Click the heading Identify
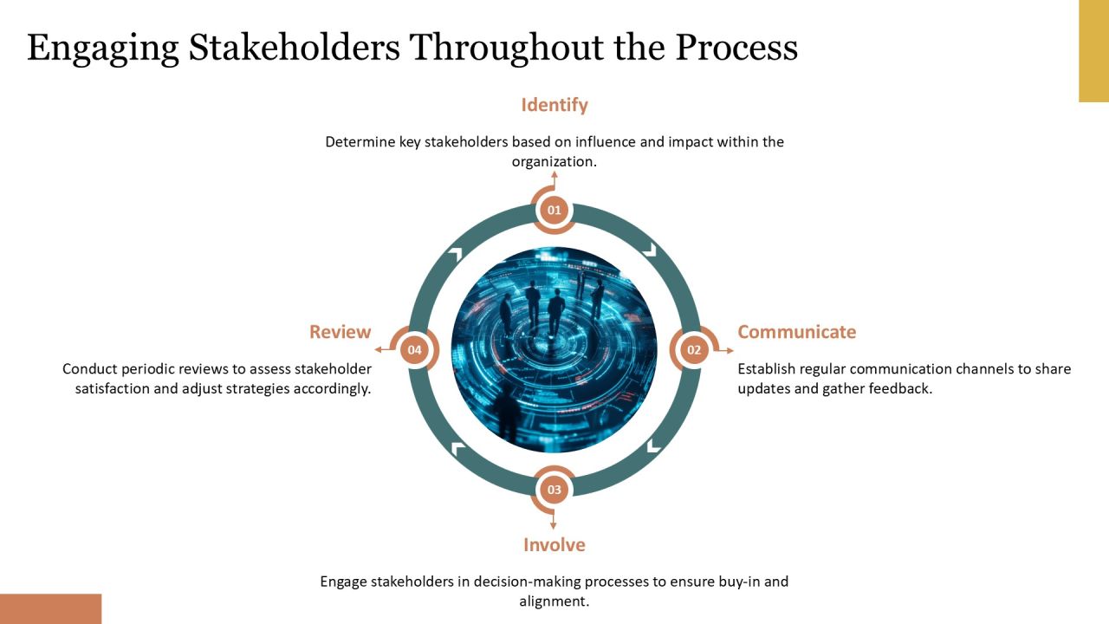coord(554,105)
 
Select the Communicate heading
coord(796,332)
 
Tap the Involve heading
coord(554,545)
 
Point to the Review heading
coord(340,332)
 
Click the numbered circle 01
coord(554,210)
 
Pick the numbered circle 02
coord(694,350)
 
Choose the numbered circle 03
coord(554,490)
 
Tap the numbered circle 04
coord(414,350)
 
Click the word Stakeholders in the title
coord(294,48)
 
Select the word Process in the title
coord(736,48)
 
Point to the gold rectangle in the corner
coord(1093,51)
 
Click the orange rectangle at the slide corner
coord(50,608)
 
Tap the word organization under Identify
coord(554,162)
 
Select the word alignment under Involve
coord(554,601)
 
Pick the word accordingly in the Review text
coord(332,389)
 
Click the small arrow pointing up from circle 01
coord(554,180)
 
